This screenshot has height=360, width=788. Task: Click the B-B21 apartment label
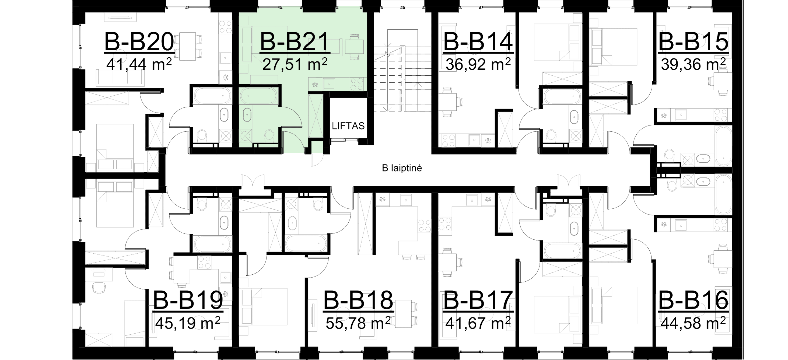294,42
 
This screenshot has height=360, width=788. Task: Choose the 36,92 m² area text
478,65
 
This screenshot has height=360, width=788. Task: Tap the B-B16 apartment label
693,301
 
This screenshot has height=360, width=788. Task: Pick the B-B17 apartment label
478,301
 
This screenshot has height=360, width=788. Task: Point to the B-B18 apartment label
358,301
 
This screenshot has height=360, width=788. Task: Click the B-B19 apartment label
188,301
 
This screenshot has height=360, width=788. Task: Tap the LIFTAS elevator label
349,126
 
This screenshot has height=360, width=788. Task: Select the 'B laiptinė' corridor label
402,168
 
